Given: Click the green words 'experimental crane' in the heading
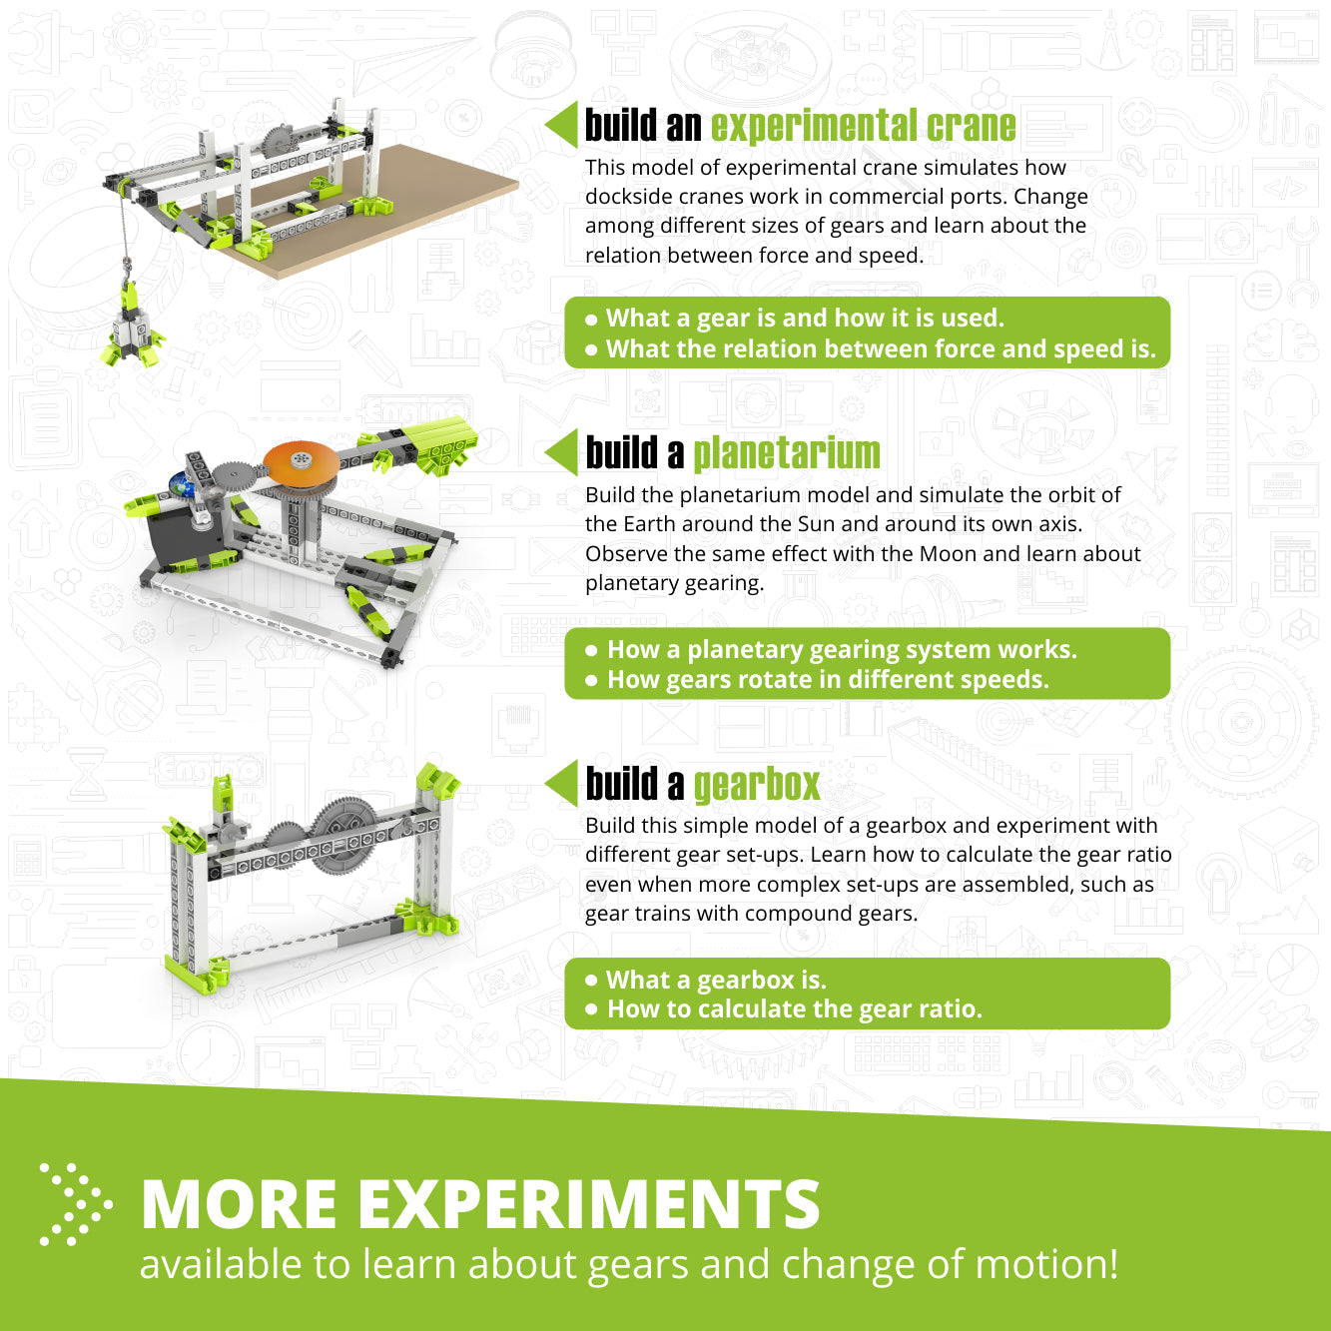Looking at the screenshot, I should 863,126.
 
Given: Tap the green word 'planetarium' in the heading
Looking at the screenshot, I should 787,453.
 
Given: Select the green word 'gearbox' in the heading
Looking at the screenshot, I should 757,785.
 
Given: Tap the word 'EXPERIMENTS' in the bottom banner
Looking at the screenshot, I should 589,1204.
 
